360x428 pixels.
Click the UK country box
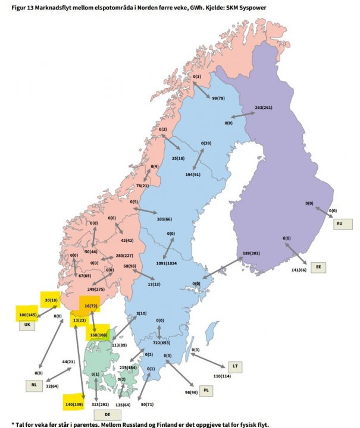(x=27, y=326)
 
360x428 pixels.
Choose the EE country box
(x=318, y=267)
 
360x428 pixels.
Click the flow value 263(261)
(x=263, y=108)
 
